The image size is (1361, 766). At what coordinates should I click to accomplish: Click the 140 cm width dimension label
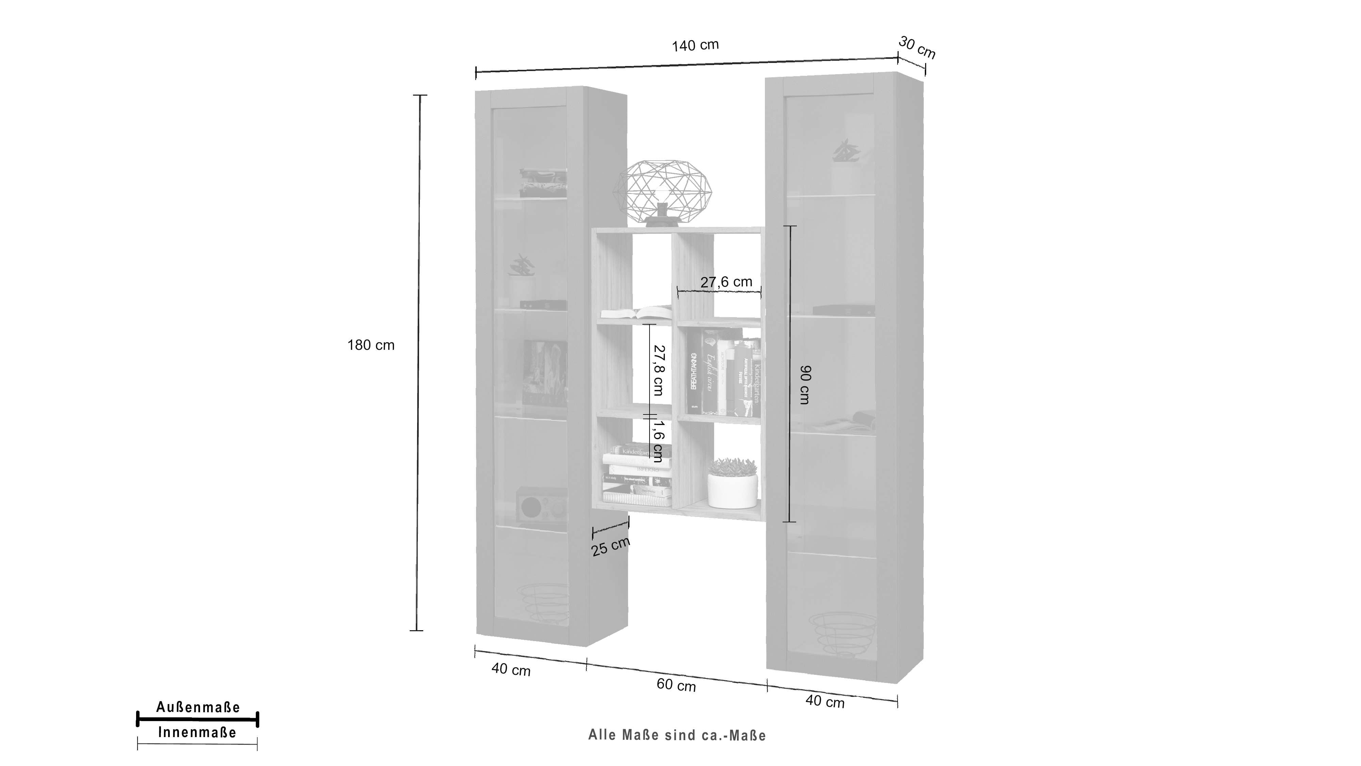tap(695, 46)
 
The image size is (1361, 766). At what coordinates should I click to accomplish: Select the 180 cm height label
tap(371, 345)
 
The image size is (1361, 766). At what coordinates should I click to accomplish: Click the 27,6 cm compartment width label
tap(726, 282)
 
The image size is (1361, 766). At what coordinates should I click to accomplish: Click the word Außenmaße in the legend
tap(198, 707)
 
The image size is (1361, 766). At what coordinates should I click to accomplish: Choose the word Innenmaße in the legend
tap(197, 732)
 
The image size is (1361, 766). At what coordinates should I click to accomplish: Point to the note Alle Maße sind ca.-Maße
tap(677, 735)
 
